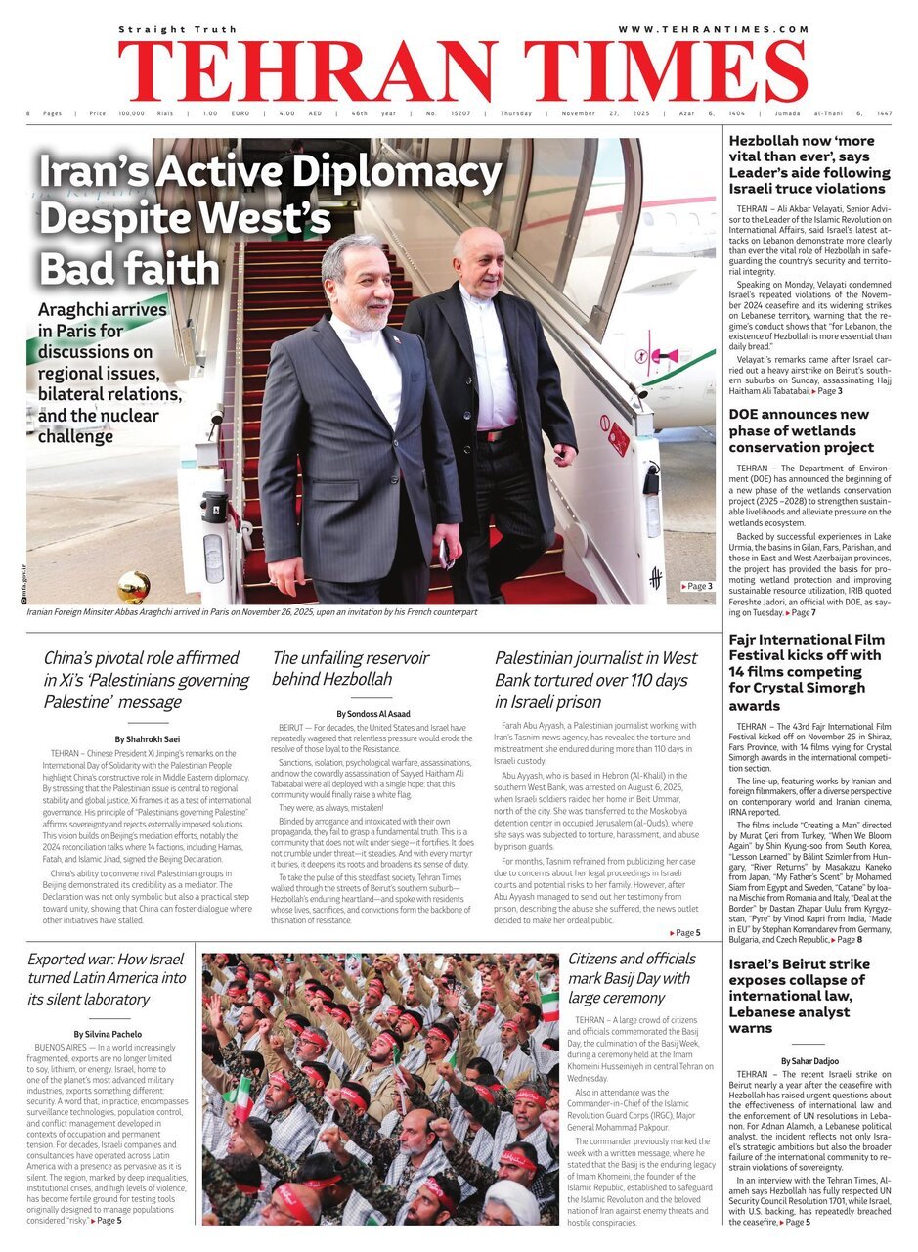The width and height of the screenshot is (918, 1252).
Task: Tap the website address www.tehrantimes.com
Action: pos(713,29)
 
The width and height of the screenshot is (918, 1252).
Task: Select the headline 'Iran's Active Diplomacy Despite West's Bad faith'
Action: pos(269,220)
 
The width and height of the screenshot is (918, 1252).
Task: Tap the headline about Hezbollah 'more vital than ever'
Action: pos(809,164)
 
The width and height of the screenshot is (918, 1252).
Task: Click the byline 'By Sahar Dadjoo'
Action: pos(809,1060)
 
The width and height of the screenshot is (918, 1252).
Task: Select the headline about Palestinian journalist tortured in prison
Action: pos(595,680)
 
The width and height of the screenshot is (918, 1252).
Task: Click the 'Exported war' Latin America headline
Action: pos(108,979)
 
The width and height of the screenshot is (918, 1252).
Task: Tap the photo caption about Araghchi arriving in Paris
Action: pos(252,612)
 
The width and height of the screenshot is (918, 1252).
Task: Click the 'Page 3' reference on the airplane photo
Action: pos(697,586)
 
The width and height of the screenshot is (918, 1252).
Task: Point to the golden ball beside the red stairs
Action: pos(134,586)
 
